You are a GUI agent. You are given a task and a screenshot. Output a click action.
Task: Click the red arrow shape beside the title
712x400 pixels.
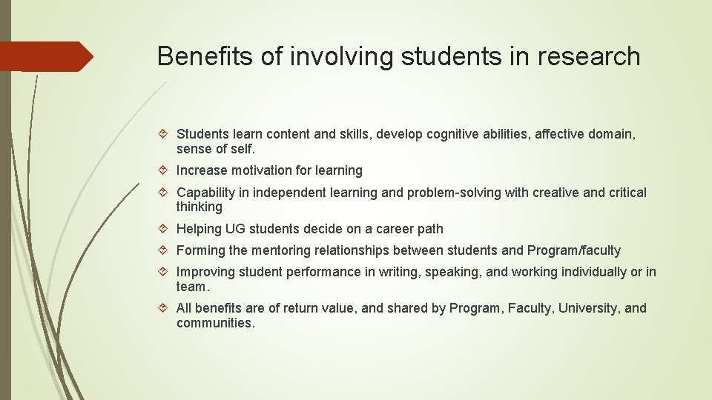click(46, 56)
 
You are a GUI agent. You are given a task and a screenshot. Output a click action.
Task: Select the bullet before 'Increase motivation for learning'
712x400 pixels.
click(165, 171)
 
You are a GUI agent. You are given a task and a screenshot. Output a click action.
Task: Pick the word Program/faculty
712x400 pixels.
click(573, 250)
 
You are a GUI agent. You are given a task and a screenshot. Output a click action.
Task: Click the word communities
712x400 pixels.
click(215, 323)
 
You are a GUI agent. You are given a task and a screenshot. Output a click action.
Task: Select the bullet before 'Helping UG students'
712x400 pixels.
click(165, 230)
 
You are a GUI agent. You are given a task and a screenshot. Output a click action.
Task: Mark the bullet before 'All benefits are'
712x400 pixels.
click(165, 309)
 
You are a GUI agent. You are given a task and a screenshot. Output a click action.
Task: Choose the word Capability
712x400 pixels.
click(206, 193)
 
